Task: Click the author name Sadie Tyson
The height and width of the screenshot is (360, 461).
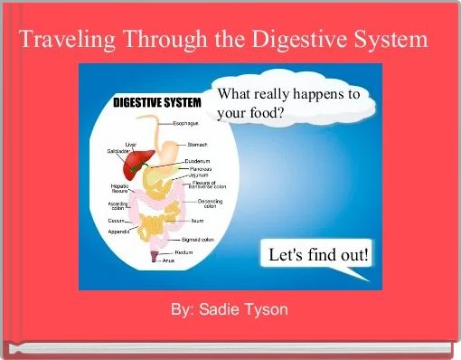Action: (x=244, y=310)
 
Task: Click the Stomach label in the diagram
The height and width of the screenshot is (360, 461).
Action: (x=198, y=144)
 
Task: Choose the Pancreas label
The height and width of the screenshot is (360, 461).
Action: (x=201, y=168)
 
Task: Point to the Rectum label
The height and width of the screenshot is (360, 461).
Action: (x=183, y=251)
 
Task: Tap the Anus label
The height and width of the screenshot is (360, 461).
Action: (x=168, y=260)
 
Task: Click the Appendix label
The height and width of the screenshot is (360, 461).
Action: (x=119, y=232)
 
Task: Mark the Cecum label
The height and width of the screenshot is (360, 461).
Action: (x=118, y=220)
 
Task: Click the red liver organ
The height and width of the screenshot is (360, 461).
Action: (x=136, y=162)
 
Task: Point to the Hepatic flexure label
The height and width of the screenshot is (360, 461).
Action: (x=119, y=188)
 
